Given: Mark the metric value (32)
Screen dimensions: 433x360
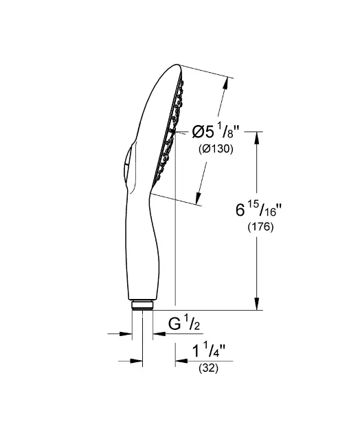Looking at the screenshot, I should [208, 369].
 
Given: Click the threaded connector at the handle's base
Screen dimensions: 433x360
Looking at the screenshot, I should [142, 306].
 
